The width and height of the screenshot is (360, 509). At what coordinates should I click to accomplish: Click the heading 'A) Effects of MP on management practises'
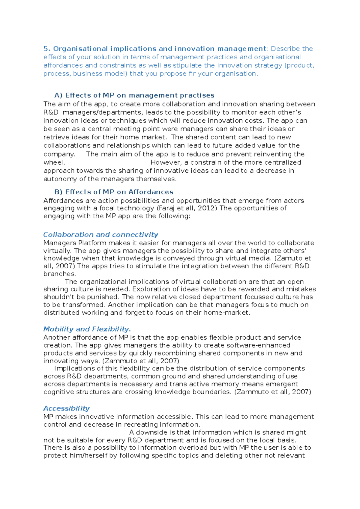(x=134, y=95)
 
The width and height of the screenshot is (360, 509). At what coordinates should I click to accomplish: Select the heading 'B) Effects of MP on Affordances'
(x=114, y=192)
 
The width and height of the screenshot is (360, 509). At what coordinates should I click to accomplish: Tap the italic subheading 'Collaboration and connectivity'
(x=100, y=234)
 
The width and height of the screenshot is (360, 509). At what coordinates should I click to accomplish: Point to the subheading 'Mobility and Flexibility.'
(x=87, y=329)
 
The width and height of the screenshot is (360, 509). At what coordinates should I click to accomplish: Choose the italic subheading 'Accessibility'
(x=66, y=408)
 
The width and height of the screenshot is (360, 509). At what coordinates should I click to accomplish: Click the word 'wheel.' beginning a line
(x=54, y=162)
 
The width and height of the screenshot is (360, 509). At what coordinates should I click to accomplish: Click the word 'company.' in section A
(x=59, y=154)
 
